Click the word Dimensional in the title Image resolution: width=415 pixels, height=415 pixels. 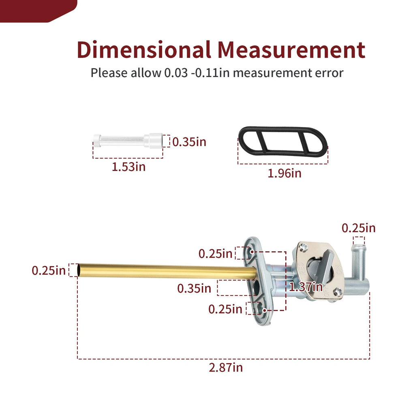coord(144,49)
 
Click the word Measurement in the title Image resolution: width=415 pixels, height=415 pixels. coord(291,49)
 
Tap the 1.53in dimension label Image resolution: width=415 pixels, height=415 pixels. coord(128,167)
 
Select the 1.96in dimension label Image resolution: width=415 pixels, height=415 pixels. coord(285,173)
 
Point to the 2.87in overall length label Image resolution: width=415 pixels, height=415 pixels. coord(225,368)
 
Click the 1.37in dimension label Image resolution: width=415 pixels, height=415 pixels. coord(306,287)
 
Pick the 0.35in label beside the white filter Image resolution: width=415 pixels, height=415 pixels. coord(189,142)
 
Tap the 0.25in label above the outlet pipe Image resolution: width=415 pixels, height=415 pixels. coord(359,228)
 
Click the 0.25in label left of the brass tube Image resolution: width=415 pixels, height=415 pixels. coord(49,270)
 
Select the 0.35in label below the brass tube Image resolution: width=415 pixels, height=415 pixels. coord(194,288)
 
